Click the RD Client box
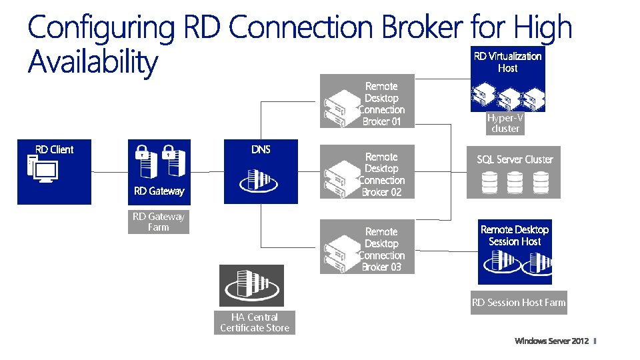(54, 172)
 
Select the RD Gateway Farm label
(159, 222)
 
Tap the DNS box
(261, 171)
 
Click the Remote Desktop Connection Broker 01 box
(367, 101)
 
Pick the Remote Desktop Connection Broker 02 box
(367, 172)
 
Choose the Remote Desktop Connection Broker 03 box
(367, 247)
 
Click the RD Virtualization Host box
(508, 79)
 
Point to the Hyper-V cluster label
(505, 123)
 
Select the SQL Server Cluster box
(513, 172)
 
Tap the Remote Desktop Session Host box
(515, 252)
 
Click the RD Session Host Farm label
(519, 303)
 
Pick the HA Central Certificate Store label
(255, 323)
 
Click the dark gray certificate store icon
(252, 286)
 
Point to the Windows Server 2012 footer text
(552, 341)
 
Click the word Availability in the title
(93, 62)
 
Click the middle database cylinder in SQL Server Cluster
(515, 183)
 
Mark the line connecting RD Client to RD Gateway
(110, 172)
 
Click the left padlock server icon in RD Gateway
(146, 161)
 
